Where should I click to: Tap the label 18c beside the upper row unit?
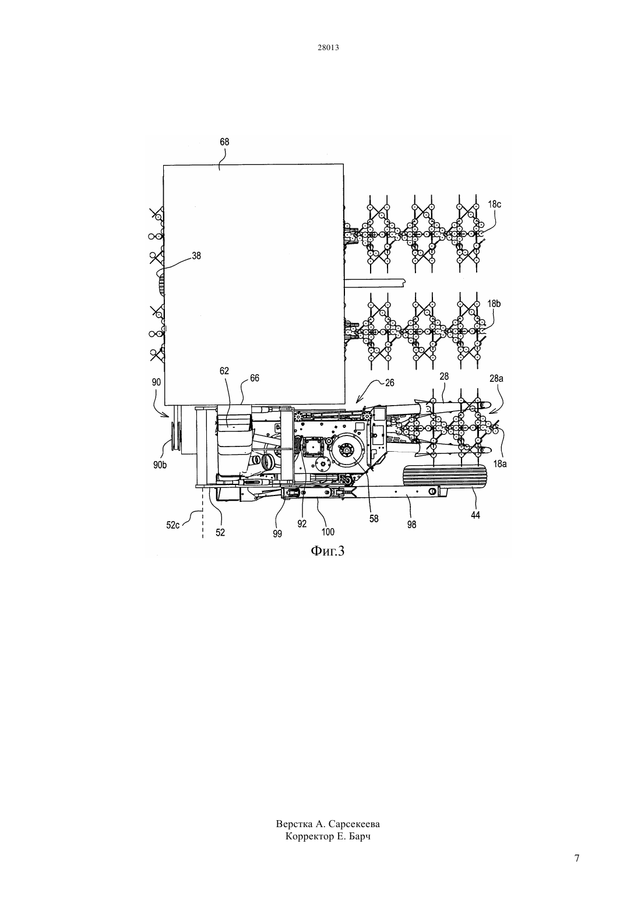tap(494, 204)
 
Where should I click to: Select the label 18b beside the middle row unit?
tap(494, 304)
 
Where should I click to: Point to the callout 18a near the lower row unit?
tap(500, 464)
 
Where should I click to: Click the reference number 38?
tap(196, 255)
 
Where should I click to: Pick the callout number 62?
tap(224, 371)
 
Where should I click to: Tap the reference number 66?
tap(255, 378)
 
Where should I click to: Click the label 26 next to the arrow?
tap(389, 382)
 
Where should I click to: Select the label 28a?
tap(496, 378)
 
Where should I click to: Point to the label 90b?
tap(160, 465)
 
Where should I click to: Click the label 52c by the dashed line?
tap(173, 525)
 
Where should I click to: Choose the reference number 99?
tap(277, 534)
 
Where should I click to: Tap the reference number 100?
tap(327, 531)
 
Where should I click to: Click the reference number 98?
tap(411, 525)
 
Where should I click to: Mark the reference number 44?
tap(475, 515)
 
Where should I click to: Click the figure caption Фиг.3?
tap(327, 551)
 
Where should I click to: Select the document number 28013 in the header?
tap(328, 47)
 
